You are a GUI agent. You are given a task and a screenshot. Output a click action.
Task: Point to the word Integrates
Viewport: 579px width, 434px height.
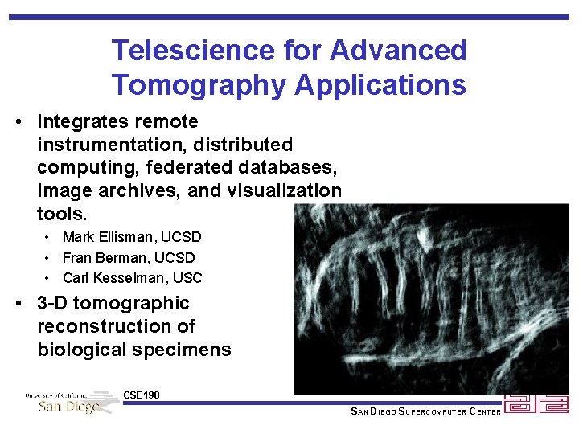click(x=77, y=122)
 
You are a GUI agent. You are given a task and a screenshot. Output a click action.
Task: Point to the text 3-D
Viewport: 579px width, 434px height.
click(x=52, y=304)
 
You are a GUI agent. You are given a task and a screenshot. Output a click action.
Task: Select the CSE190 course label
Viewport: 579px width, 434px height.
click(x=142, y=395)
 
